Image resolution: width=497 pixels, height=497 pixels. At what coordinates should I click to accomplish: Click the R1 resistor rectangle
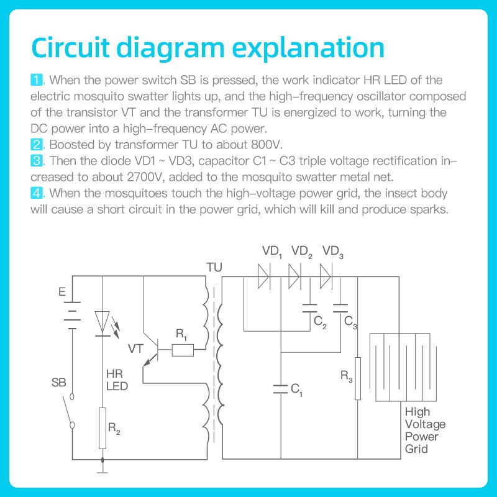pyautogui.click(x=182, y=351)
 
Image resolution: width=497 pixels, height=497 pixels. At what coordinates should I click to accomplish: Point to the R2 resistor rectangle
pyautogui.click(x=103, y=428)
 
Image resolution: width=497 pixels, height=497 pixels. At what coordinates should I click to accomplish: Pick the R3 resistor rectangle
pyautogui.click(x=358, y=379)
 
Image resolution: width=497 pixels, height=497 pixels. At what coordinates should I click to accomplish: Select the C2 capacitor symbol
pyautogui.click(x=309, y=308)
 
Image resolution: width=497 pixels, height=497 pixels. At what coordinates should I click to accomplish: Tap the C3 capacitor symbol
pyautogui.click(x=340, y=308)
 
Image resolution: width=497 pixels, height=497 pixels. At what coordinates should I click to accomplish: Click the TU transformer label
pyautogui.click(x=213, y=267)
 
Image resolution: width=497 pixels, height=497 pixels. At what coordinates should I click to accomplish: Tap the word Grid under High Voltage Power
pyautogui.click(x=416, y=449)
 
